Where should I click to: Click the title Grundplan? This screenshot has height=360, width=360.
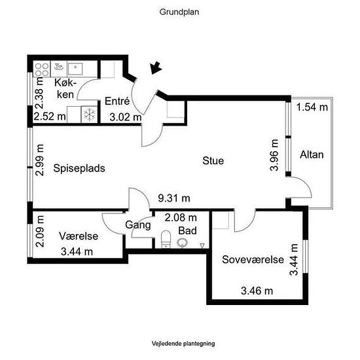point(179,12)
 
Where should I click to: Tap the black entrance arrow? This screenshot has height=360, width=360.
point(156,67)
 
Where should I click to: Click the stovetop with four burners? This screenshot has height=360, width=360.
point(42,69)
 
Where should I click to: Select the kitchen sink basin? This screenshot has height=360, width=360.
point(75,69)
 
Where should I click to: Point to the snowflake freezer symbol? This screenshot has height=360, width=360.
point(89,115)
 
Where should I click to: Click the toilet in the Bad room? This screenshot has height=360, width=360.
point(166,239)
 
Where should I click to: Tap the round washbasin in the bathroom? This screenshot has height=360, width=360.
point(183,243)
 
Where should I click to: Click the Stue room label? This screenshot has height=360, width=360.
point(213,160)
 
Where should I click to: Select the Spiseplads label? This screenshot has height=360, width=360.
point(79,168)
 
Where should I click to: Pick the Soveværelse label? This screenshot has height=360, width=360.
point(253,259)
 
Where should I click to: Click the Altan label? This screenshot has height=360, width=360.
point(312,154)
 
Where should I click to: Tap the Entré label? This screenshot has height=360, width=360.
point(117,101)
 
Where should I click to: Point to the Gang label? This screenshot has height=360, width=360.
point(138,225)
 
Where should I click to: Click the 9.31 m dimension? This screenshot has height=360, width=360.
point(174,198)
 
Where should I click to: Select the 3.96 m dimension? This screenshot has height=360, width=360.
point(274,155)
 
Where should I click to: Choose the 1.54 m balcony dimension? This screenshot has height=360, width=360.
point(312,107)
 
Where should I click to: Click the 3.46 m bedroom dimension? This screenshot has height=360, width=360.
point(257,291)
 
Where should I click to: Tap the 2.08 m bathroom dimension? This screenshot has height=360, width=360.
point(181,218)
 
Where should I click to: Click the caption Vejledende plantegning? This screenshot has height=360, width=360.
point(183,344)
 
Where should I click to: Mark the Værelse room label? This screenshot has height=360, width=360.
point(79,236)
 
